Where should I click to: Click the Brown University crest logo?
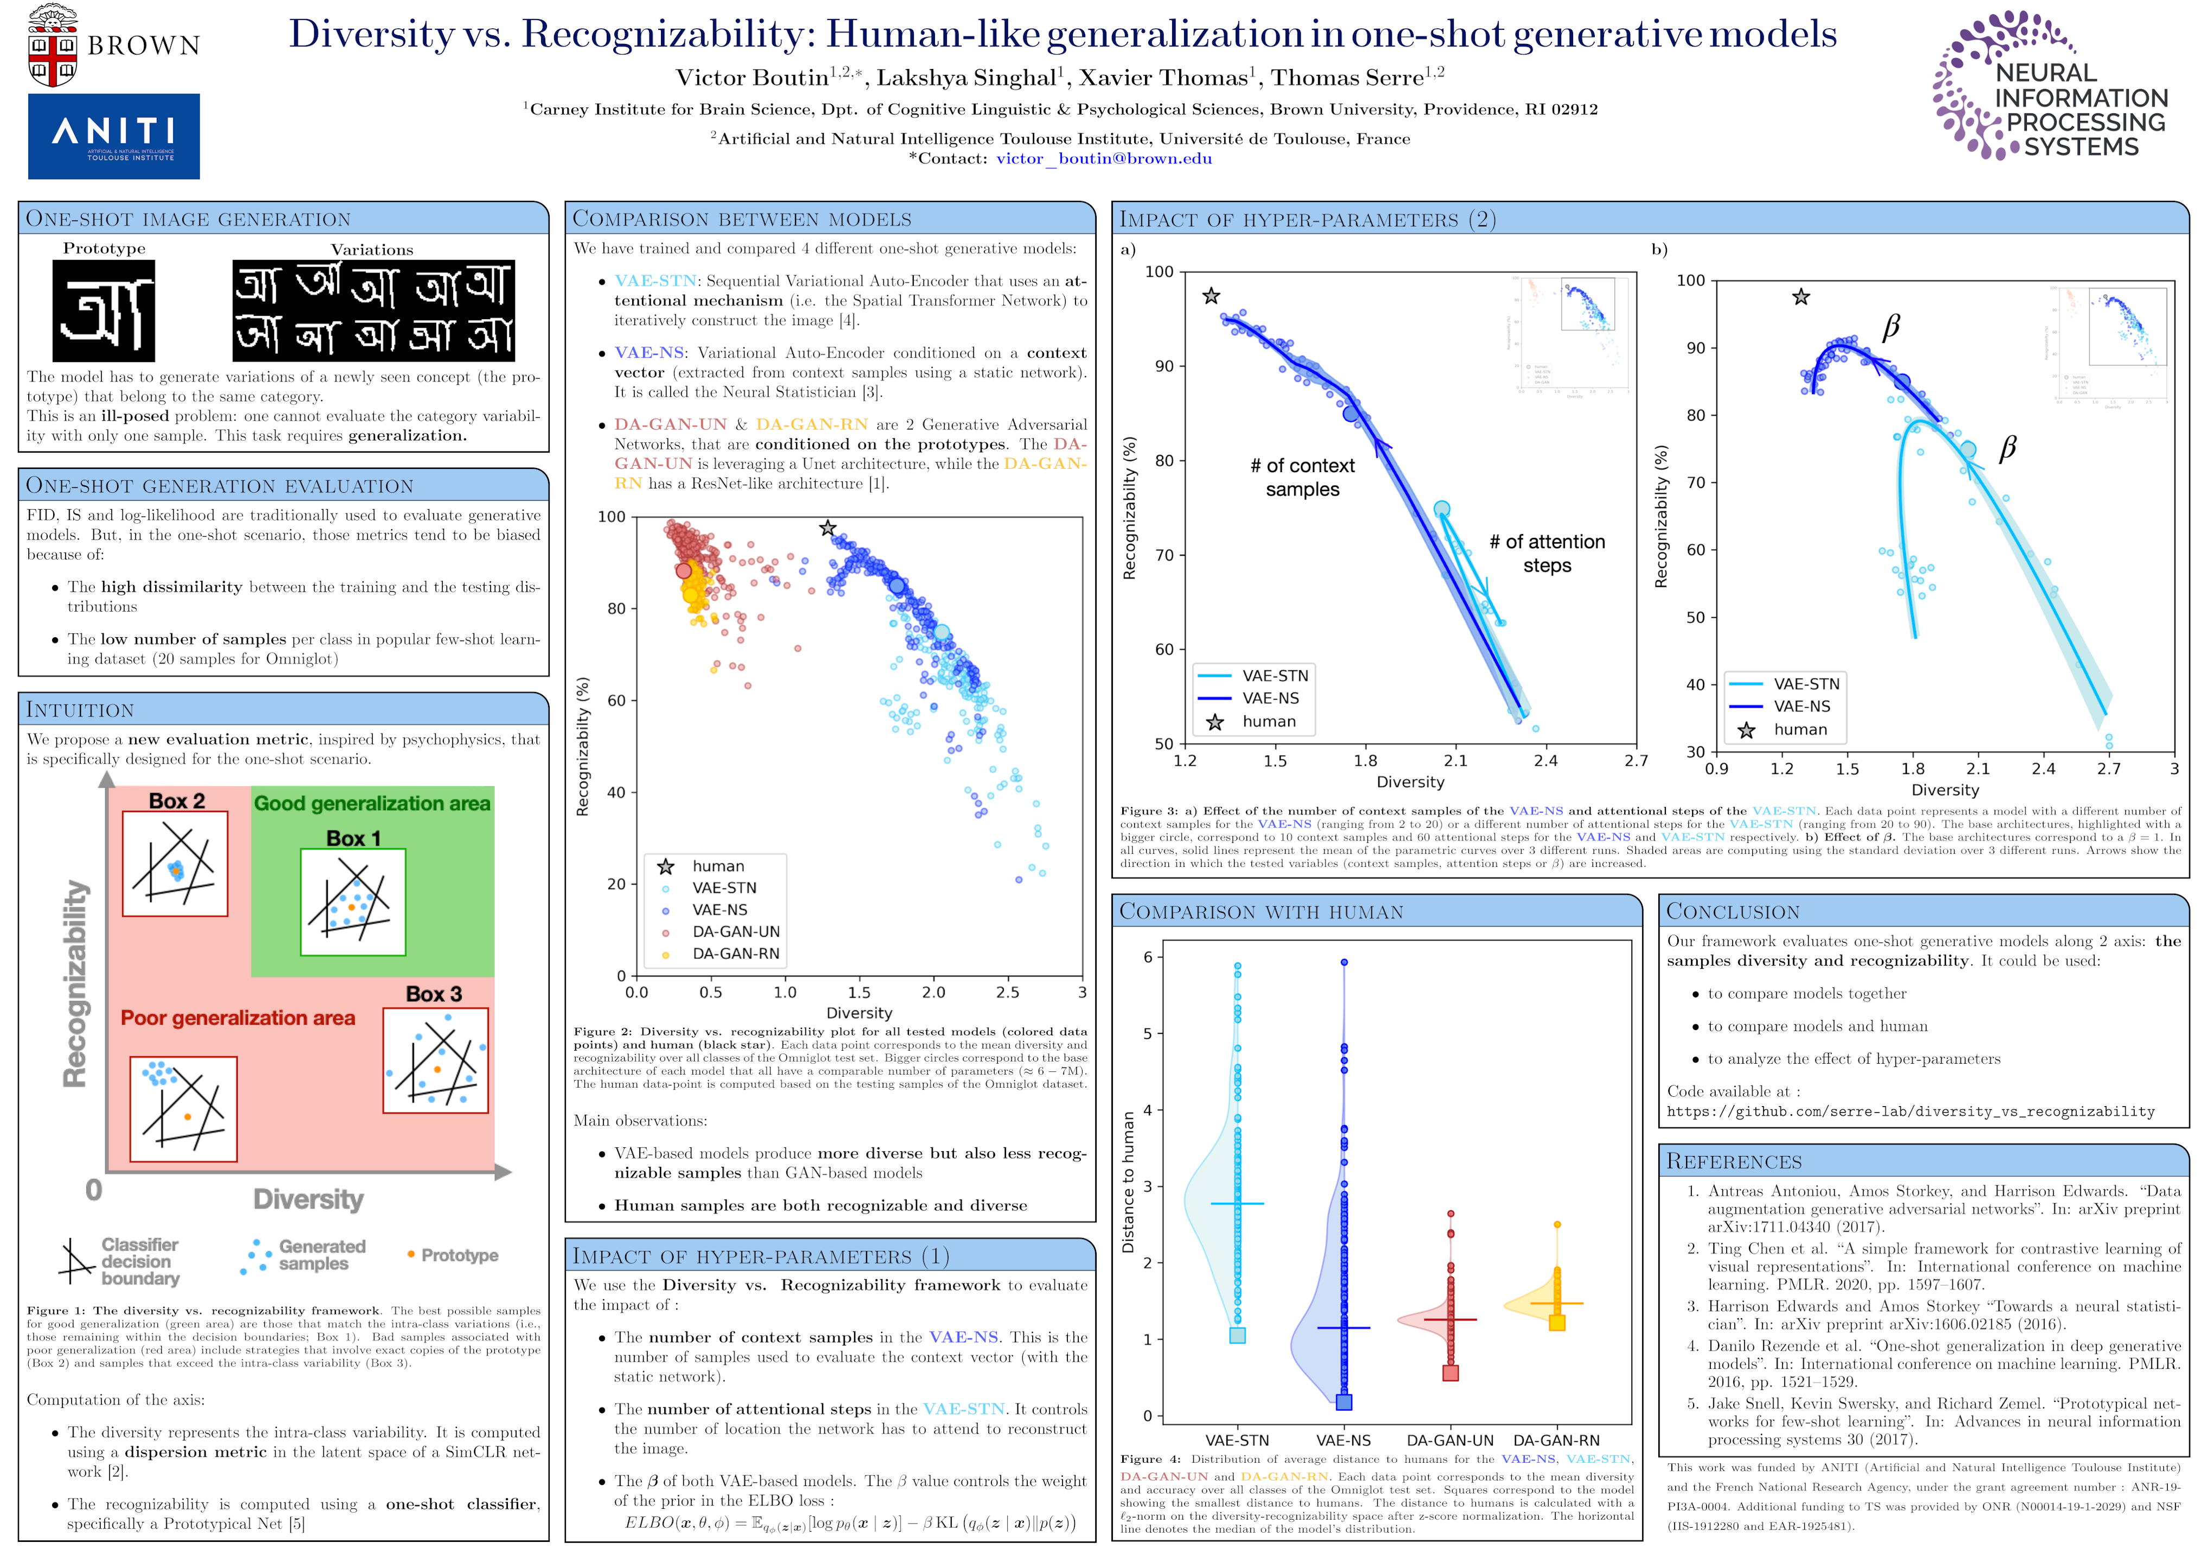tap(53, 45)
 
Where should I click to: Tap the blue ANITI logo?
tap(113, 136)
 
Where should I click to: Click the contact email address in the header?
tap(1103, 158)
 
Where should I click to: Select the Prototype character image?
tap(104, 310)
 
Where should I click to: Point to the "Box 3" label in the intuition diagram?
tap(434, 994)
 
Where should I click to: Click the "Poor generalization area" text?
tap(238, 1018)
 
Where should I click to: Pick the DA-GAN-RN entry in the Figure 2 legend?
tap(736, 953)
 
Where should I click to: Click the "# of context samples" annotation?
tap(1302, 477)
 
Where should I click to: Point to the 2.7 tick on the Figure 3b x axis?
tap(2108, 769)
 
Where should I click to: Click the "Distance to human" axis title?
tap(1128, 1182)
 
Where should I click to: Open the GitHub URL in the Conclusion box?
tap(1910, 1112)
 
